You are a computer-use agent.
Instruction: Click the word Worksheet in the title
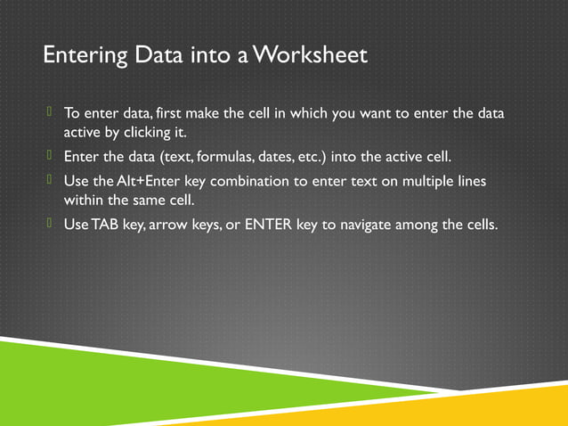coord(310,55)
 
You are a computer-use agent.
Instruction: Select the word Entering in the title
coord(77,55)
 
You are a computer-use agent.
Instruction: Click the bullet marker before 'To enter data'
coord(51,112)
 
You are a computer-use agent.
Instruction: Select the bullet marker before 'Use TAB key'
coord(51,223)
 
